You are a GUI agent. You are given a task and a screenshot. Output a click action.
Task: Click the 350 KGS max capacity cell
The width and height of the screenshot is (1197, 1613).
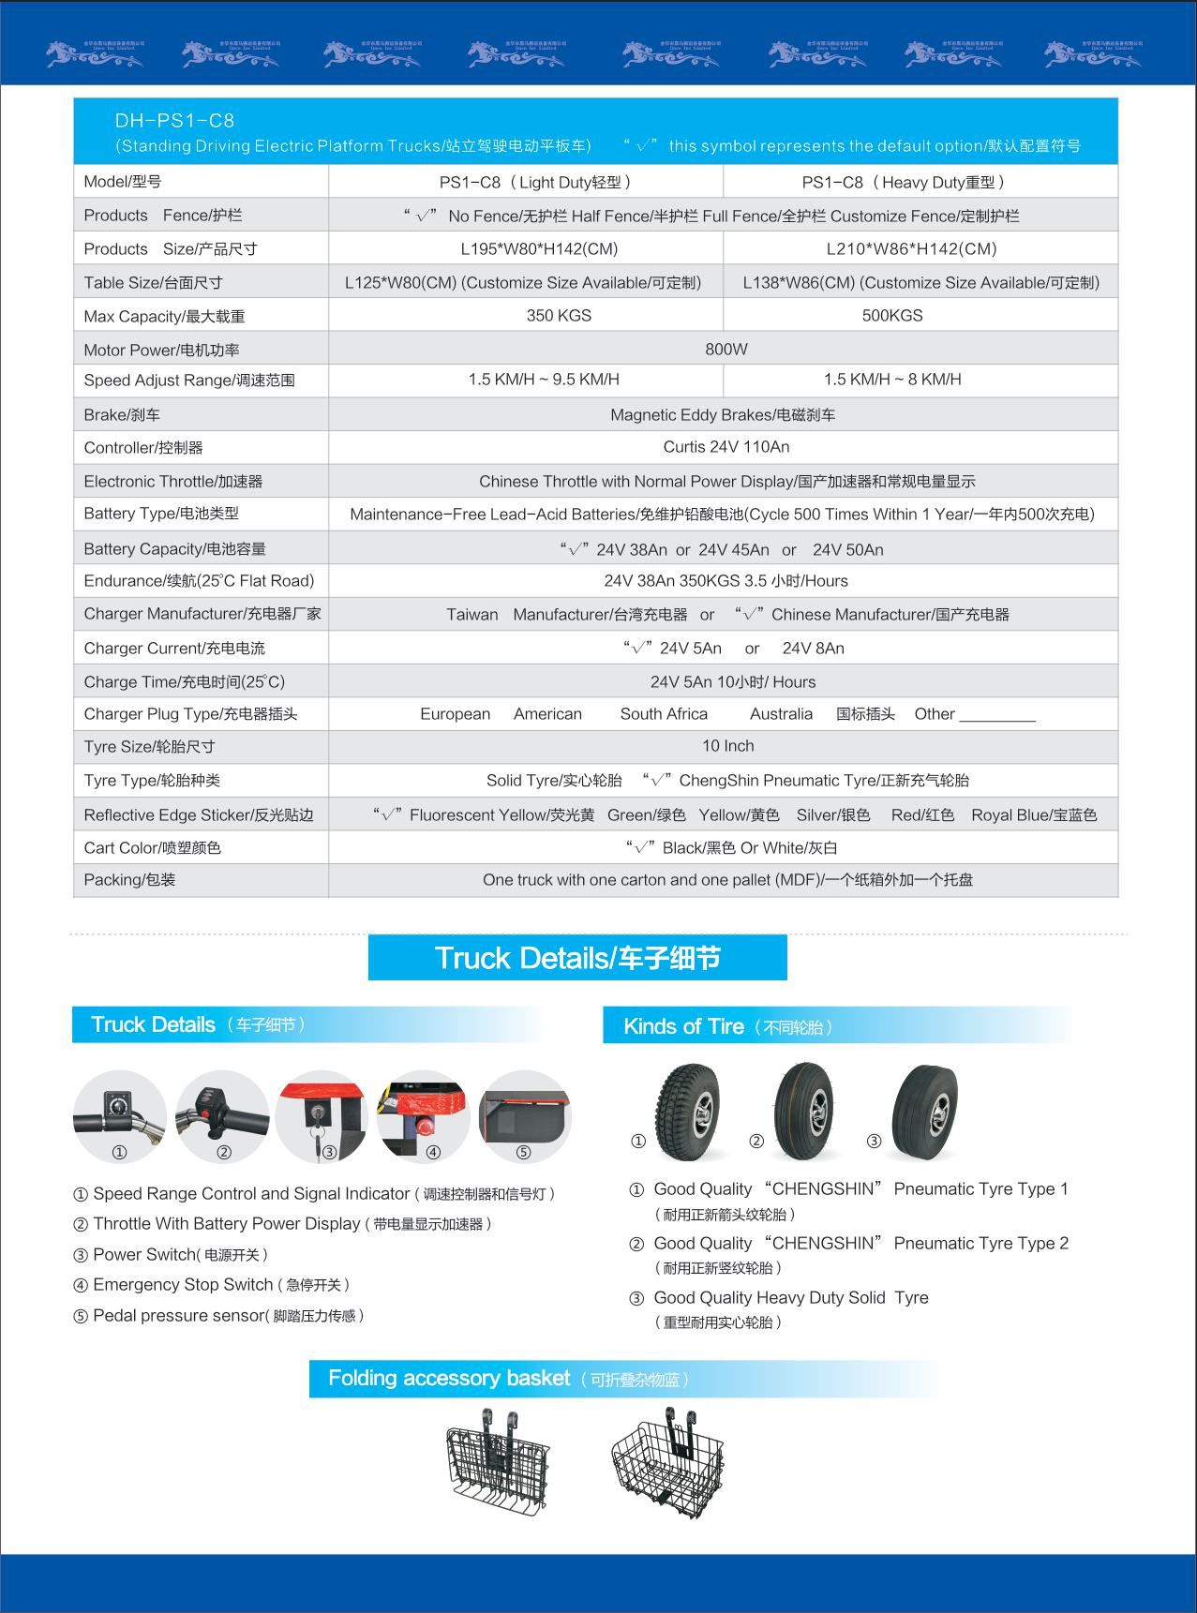[559, 316]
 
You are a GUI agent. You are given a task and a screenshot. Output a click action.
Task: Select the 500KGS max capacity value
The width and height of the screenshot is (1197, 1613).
[892, 316]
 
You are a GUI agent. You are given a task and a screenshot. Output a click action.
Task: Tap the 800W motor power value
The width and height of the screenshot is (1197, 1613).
[726, 349]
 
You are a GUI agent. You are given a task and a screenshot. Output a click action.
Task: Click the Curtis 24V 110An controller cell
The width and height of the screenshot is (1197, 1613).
[726, 447]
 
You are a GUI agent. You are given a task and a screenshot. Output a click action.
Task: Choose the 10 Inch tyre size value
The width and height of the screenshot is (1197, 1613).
[728, 746]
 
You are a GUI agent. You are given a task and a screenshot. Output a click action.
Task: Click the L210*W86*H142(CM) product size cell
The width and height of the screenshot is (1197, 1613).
[911, 248]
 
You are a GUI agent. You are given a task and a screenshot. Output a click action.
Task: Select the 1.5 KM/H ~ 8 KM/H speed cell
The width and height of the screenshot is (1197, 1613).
[892, 380]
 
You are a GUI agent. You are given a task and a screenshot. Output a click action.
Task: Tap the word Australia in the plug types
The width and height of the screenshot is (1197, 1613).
[781, 714]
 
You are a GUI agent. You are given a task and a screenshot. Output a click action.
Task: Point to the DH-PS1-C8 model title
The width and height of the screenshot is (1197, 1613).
[174, 121]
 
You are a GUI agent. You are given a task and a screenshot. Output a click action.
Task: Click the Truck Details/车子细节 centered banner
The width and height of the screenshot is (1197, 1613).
[577, 958]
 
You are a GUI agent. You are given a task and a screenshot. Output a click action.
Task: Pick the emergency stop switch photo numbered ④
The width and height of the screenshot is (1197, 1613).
[423, 1116]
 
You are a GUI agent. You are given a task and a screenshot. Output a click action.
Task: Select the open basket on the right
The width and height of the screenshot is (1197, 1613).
[666, 1463]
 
